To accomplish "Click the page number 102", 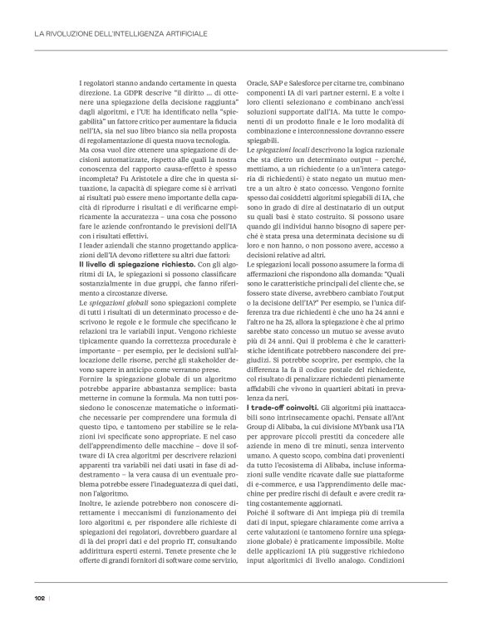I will pyautogui.click(x=38, y=599).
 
